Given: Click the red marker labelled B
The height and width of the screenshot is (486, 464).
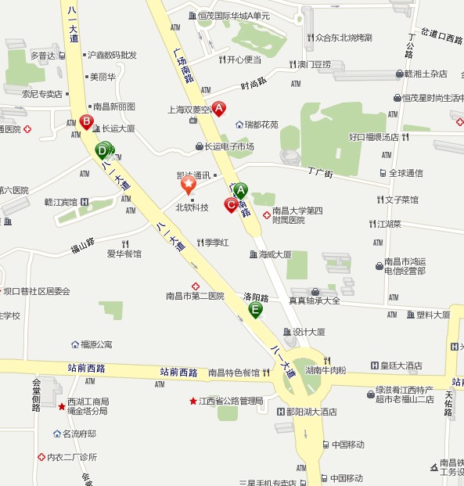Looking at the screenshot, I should [86, 121].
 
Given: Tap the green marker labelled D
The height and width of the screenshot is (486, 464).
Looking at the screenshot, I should [103, 149].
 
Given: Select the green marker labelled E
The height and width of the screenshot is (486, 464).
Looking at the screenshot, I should [255, 310].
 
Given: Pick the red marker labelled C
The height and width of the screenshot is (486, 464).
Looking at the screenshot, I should [231, 205].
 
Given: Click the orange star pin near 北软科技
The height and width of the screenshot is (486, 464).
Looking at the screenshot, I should [189, 185].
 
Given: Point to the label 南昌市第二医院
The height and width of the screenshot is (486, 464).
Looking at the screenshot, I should [195, 297].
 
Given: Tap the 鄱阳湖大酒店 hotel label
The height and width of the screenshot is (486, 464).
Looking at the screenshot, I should [306, 411].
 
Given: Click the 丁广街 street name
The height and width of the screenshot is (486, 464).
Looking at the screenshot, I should [320, 172].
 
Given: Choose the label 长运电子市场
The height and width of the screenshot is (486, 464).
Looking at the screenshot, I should [229, 146].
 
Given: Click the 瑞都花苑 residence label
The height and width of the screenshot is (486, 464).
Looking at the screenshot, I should [261, 124].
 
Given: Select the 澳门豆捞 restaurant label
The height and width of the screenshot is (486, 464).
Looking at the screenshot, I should [314, 64].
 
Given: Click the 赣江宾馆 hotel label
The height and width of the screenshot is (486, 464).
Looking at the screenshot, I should [60, 202].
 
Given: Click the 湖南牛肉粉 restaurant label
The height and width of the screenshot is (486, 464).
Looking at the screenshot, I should [326, 369].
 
